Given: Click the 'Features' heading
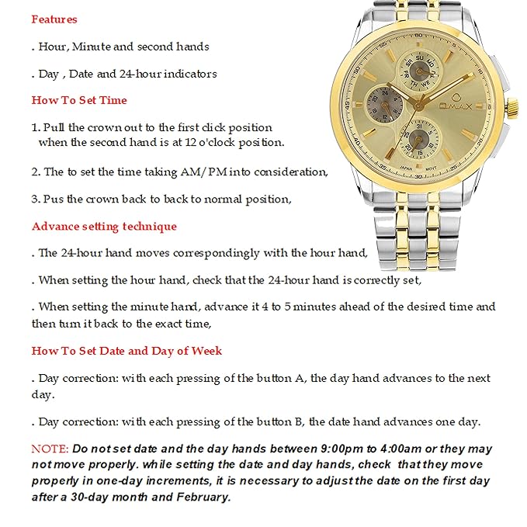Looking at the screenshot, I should click(54, 19).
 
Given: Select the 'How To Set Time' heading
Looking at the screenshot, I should click(79, 100).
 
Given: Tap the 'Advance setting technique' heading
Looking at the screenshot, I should click(104, 227).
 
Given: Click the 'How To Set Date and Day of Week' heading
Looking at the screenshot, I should click(127, 351).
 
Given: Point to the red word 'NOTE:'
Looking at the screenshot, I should click(50, 449).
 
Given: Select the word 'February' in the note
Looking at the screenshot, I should click(204, 497).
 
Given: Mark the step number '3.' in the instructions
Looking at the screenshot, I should click(36, 199).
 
